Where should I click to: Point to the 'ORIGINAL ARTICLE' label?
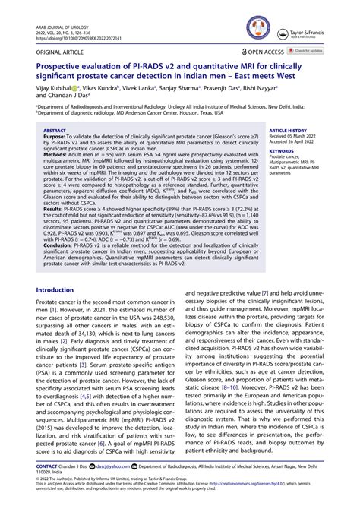(57, 51)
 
